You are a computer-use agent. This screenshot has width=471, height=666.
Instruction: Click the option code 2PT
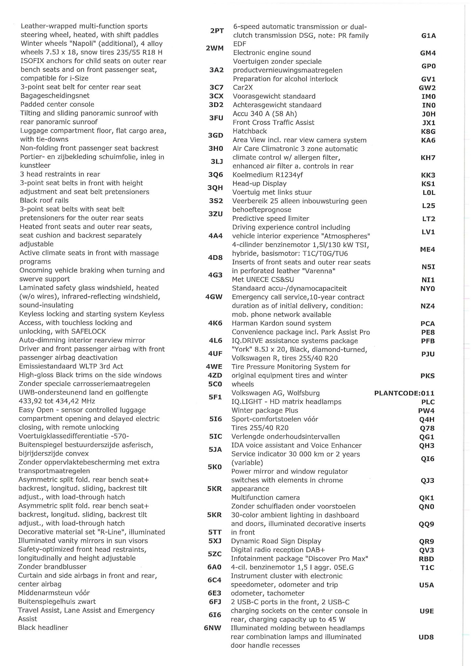click(x=217, y=31)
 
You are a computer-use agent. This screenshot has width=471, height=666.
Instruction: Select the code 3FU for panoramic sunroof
click(x=216, y=118)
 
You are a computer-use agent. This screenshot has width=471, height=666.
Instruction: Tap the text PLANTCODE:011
click(x=404, y=393)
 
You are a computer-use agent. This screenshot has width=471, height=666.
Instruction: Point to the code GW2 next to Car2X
click(x=427, y=88)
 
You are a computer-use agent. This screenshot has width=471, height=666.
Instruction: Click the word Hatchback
click(x=249, y=131)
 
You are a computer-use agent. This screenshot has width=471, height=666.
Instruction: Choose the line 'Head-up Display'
click(x=259, y=184)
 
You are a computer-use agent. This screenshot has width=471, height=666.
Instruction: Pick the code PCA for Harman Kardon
click(x=428, y=324)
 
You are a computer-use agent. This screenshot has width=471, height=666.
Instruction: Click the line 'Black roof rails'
click(x=44, y=201)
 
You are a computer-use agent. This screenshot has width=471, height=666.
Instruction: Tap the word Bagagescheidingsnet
click(x=55, y=96)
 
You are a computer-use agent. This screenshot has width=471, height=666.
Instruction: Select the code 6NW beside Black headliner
click(x=213, y=628)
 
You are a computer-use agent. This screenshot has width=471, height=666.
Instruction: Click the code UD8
click(x=426, y=637)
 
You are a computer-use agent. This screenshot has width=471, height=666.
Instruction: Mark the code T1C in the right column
click(x=427, y=568)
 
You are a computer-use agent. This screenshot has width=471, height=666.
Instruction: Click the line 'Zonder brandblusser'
click(x=52, y=567)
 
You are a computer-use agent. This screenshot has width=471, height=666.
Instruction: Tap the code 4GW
click(x=214, y=297)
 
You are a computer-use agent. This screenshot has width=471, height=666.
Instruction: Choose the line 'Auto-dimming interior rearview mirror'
click(x=82, y=340)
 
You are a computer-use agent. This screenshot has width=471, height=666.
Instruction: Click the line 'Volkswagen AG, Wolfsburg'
click(x=275, y=393)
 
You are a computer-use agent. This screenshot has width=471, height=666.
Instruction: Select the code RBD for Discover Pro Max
click(x=427, y=559)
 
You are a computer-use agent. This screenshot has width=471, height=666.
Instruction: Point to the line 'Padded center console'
click(x=57, y=104)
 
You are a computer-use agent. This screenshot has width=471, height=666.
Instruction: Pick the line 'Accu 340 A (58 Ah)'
click(x=265, y=114)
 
